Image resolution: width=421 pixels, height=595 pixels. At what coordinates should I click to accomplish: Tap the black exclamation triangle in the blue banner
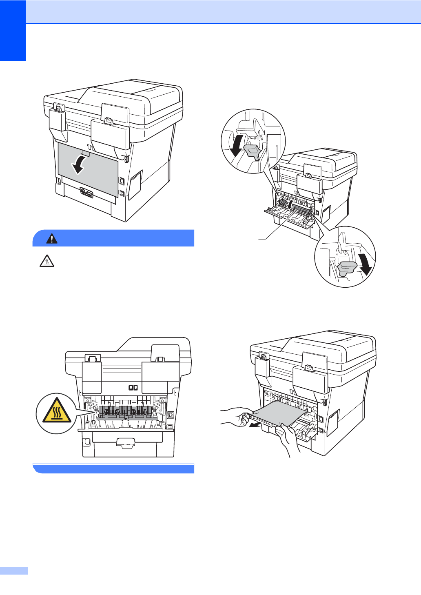pos(52,238)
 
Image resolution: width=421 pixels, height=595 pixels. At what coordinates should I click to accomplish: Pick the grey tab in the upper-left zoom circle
pos(253,151)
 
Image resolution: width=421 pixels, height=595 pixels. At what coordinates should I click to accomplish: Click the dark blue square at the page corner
pos(13,30)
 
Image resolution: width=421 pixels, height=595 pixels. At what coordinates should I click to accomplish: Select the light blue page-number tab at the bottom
pos(14,571)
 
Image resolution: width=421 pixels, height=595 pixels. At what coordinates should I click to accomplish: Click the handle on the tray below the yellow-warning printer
pos(125,442)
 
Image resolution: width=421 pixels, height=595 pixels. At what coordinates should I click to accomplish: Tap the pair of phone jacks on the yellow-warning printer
pos(133,387)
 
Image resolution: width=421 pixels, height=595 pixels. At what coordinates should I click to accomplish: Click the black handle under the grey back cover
pos(86,192)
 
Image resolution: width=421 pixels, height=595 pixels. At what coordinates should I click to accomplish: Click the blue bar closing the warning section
pos(113,469)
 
